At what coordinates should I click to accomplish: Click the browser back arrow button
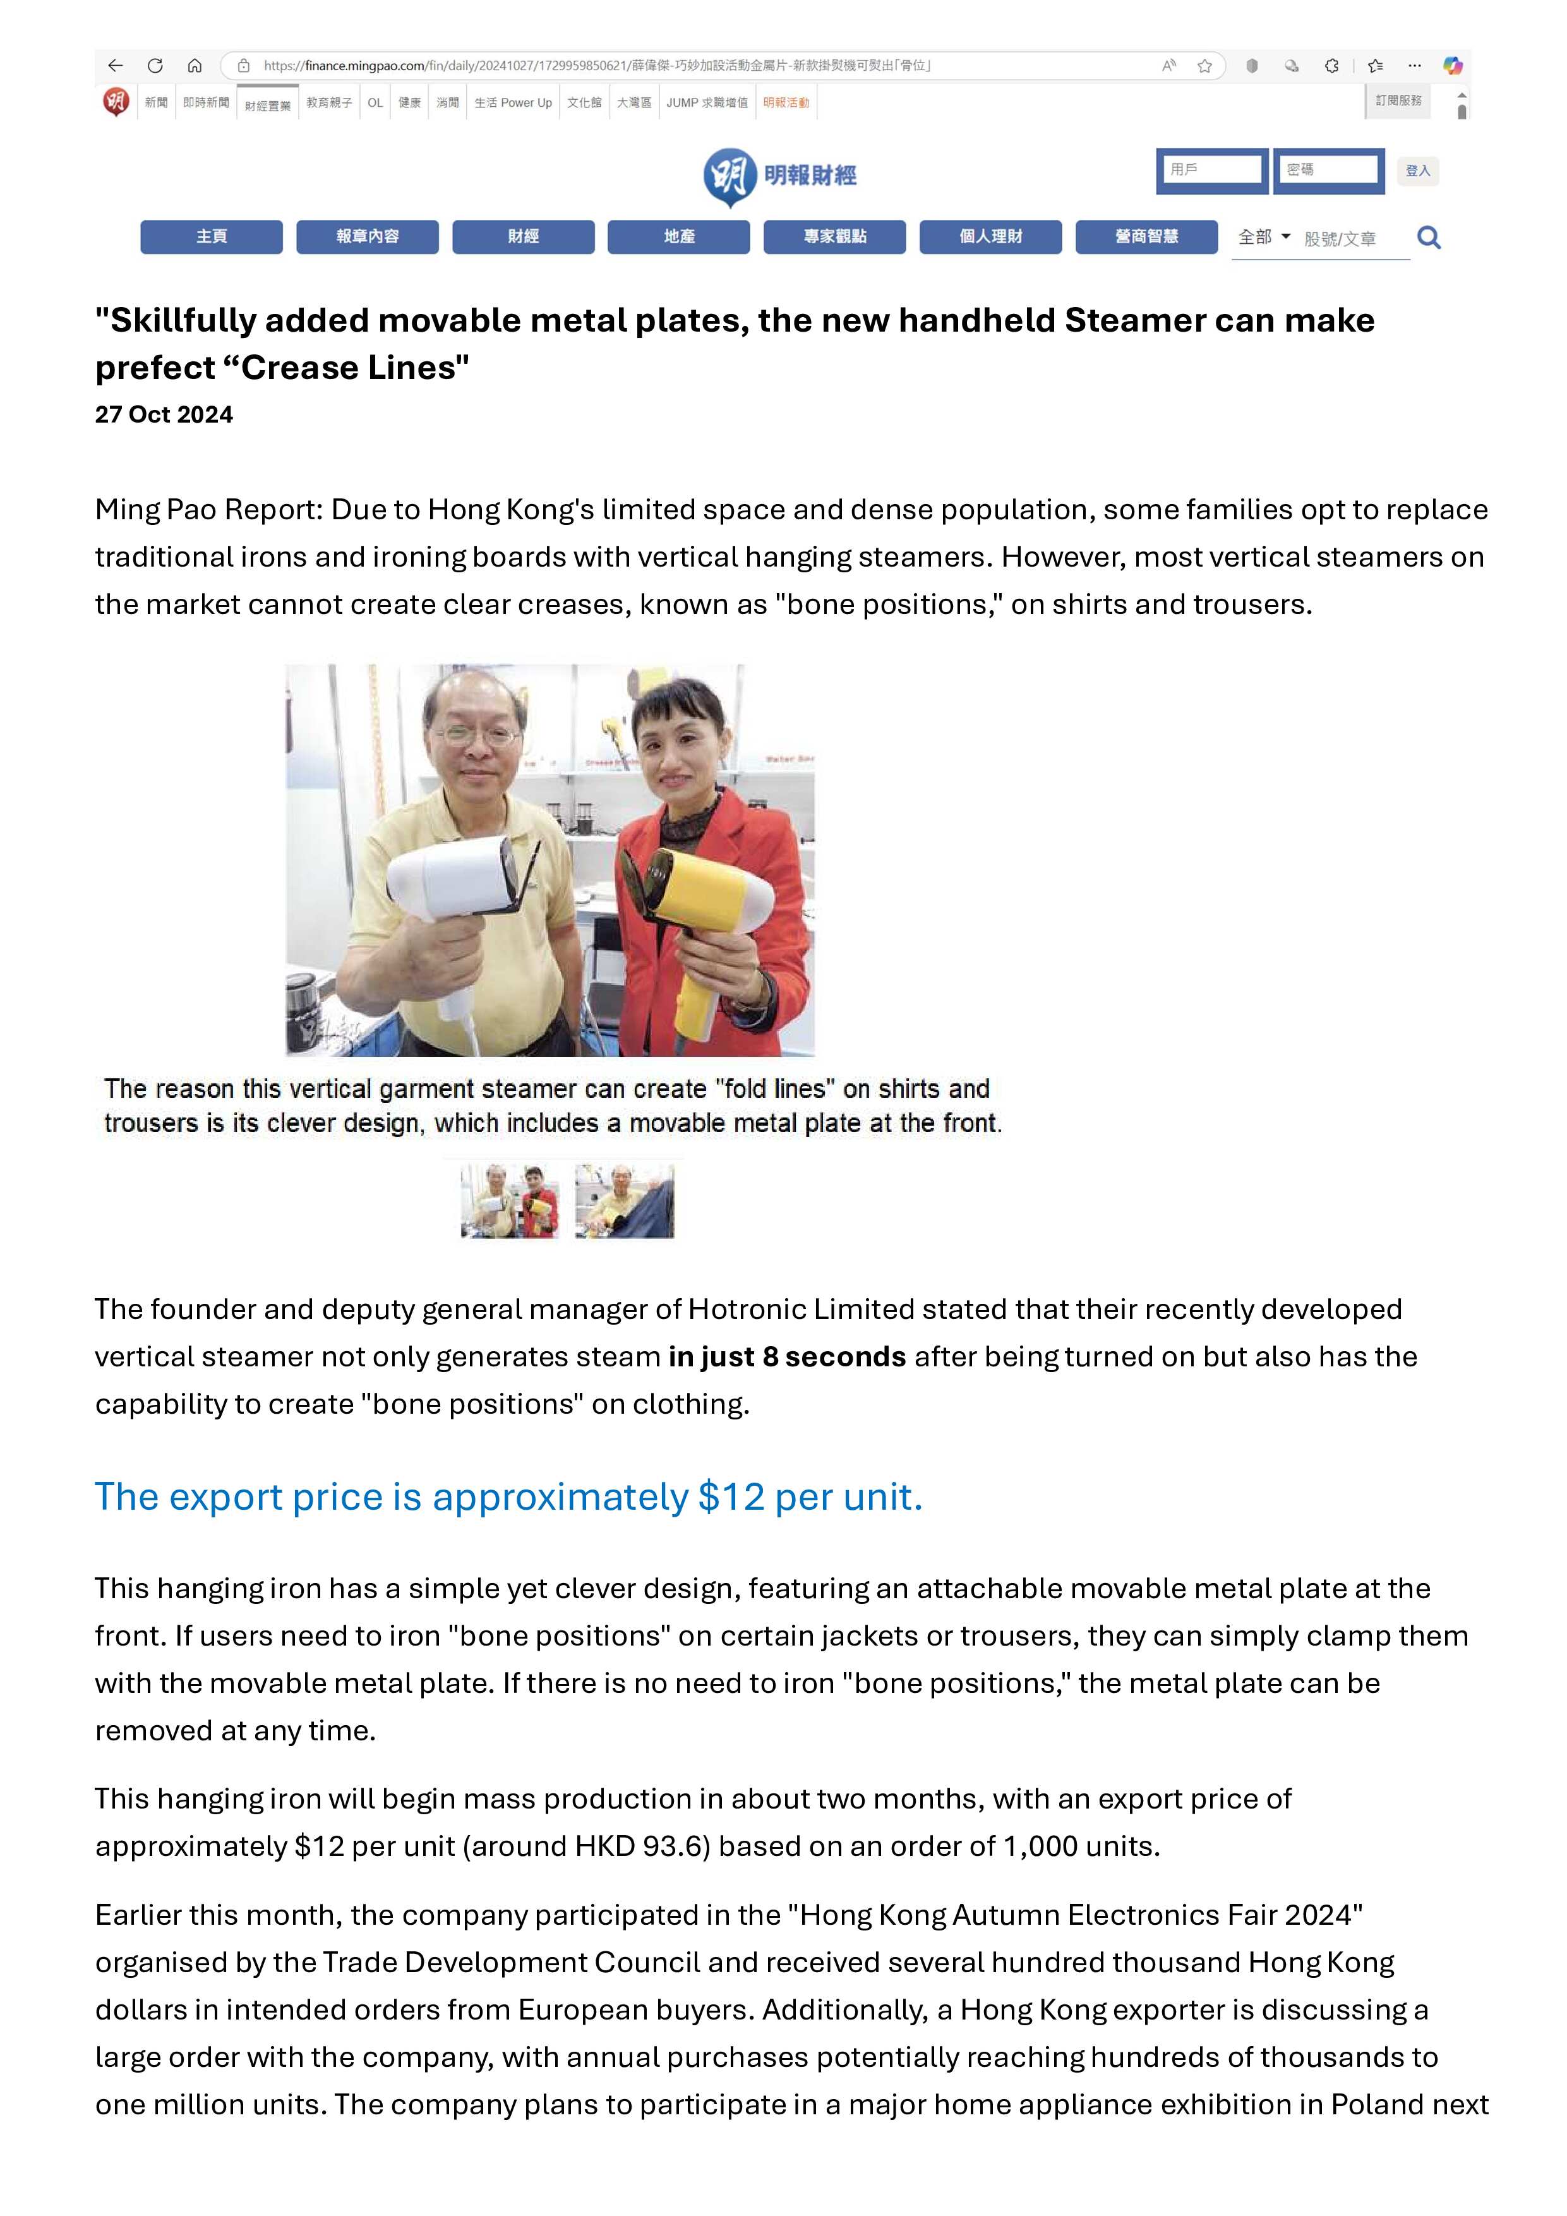[116, 66]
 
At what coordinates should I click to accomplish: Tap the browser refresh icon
[154, 66]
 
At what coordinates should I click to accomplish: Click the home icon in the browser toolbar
[194, 66]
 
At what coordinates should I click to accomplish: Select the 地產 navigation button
[678, 236]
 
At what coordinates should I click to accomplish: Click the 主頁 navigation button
[212, 236]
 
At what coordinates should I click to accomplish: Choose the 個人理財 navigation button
[990, 236]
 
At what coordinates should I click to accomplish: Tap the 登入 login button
[1417, 171]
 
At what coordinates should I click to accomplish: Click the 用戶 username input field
[1212, 170]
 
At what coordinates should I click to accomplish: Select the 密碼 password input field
[1329, 170]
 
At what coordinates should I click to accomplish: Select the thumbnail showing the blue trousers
[624, 1201]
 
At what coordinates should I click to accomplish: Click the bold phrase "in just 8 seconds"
[786, 1356]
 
